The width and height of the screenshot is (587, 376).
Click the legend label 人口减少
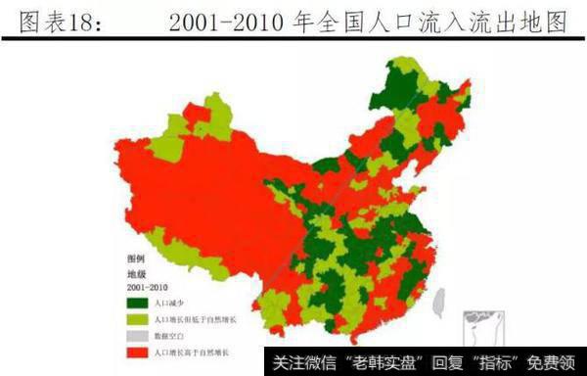pos(165,304)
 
